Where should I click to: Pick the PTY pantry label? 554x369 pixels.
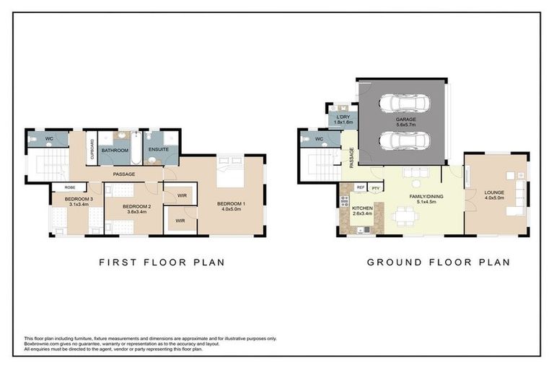[x=375, y=188]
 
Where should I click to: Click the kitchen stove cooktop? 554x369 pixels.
[x=344, y=201]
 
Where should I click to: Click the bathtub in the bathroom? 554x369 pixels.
[x=114, y=160]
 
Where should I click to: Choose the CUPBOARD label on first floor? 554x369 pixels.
[x=92, y=149]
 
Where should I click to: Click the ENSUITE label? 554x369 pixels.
[x=159, y=150]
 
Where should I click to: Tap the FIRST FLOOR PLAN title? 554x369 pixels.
[x=161, y=262]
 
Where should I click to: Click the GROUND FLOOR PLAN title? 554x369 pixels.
[x=438, y=262]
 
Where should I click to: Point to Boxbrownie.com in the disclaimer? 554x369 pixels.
[x=43, y=344]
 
